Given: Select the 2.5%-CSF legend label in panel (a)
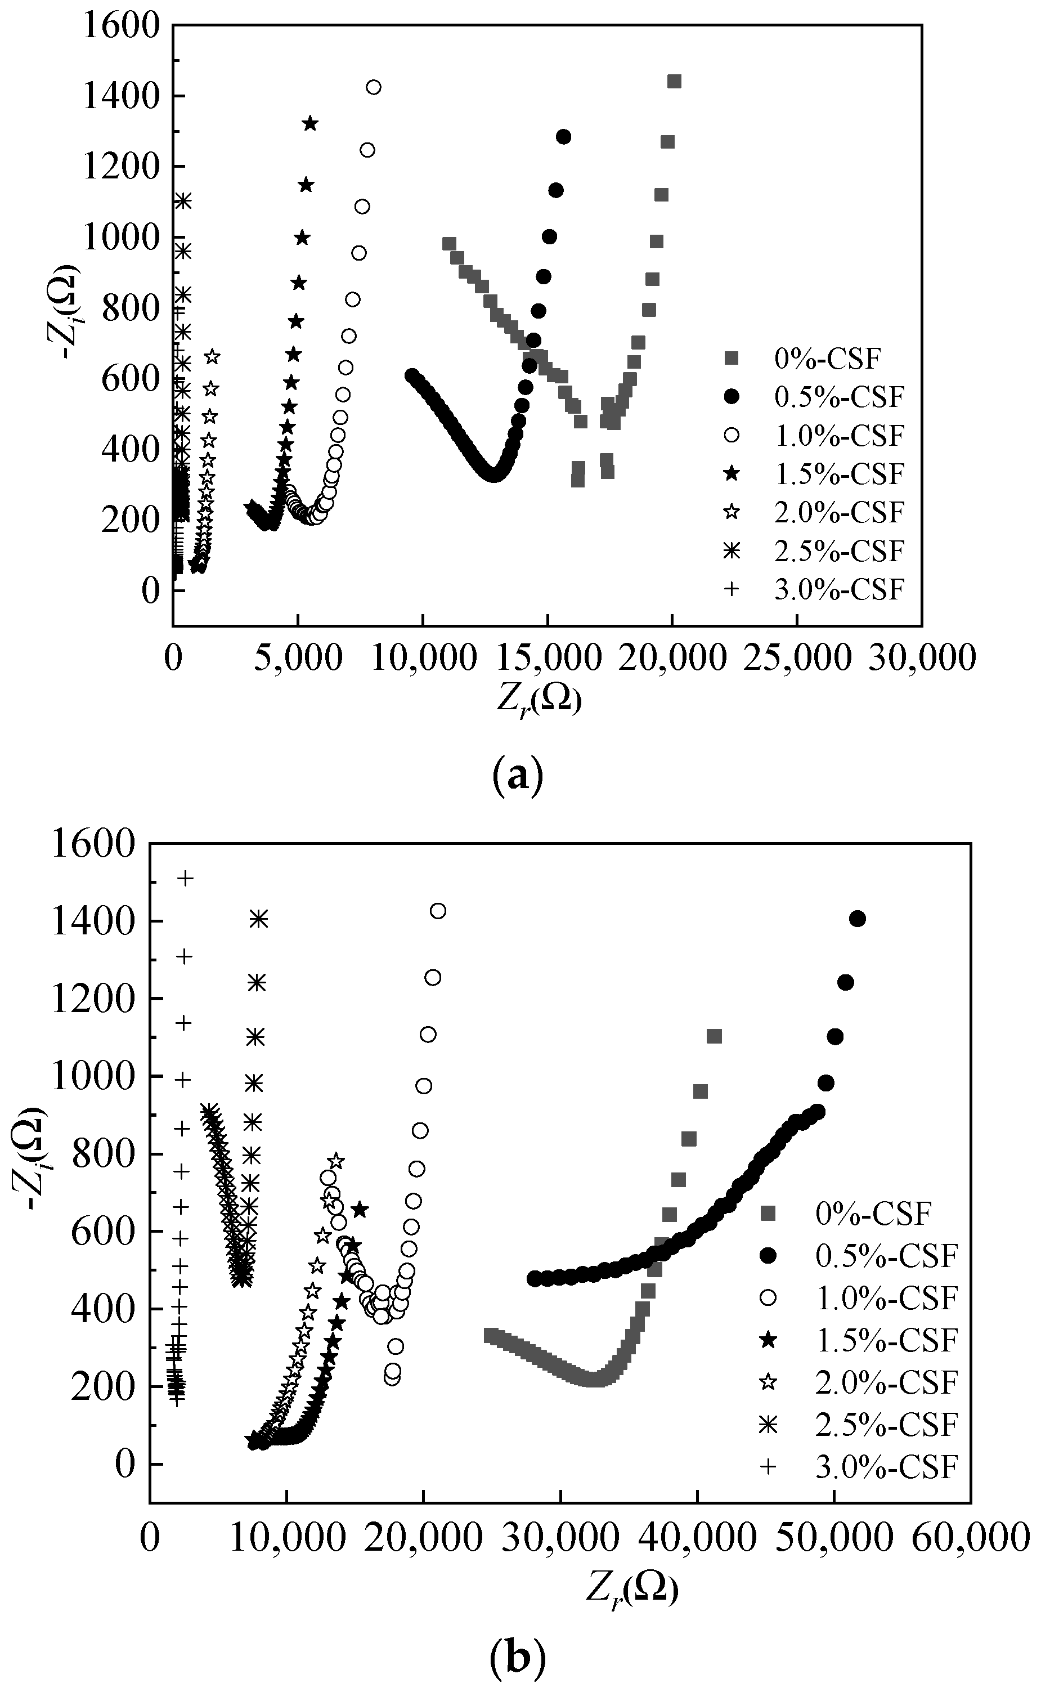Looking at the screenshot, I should [838, 551].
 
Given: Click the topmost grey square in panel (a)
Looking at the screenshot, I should [674, 81].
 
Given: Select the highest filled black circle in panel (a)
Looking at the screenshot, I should [563, 137].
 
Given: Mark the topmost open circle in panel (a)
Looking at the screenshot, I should [374, 87].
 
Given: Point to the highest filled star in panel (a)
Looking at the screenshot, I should [310, 123].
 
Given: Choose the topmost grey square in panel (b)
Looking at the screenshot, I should [714, 1036].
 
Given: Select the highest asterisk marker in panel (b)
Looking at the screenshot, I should [258, 918].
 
